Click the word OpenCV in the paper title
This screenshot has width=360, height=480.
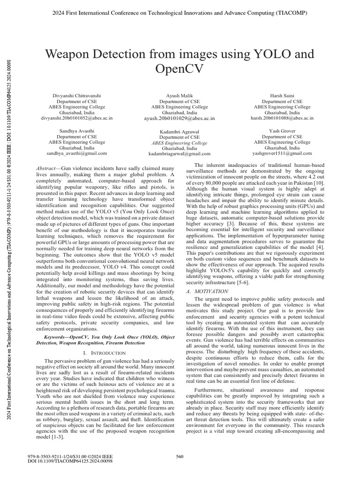pos(180,69)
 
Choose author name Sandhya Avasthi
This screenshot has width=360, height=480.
pos(77,131)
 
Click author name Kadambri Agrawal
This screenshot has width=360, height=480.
pos(180,131)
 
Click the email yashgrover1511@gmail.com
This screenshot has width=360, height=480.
pos(282,153)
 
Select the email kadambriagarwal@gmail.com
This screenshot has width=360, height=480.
pos(180,153)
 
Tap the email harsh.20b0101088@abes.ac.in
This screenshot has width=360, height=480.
pos(282,118)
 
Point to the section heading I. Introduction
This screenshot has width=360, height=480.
pos(101,351)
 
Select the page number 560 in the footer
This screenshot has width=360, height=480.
pos(180,457)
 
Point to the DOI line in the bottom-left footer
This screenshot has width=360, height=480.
pos(71,462)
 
